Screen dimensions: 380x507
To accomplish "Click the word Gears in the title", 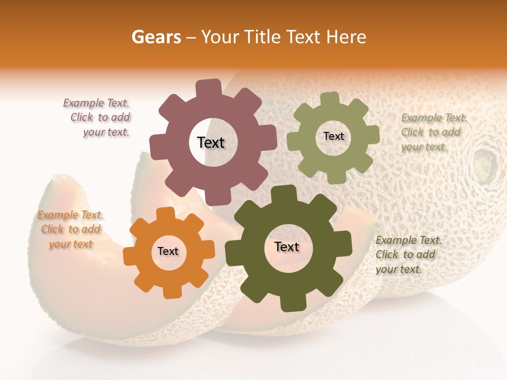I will [x=156, y=37].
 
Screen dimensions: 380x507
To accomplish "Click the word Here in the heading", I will [x=346, y=37].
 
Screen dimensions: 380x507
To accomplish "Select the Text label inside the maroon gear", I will [x=211, y=142].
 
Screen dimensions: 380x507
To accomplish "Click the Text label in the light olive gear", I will [x=333, y=136].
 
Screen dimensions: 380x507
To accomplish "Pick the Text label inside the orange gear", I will [x=168, y=252].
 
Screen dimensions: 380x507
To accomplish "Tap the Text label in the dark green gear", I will [x=287, y=247].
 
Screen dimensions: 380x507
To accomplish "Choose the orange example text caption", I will [x=70, y=229].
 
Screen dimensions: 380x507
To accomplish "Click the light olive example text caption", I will [x=433, y=132].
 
